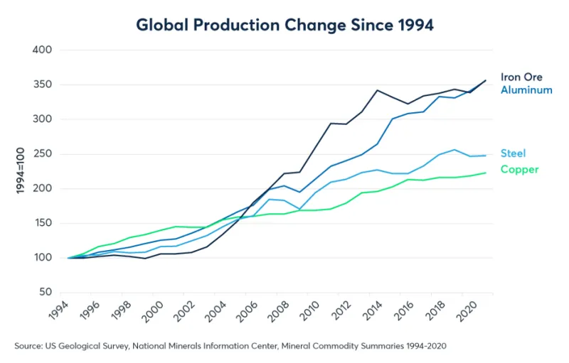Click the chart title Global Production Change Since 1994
point(284,24)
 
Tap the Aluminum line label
point(526,90)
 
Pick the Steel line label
point(514,153)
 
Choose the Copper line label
point(519,169)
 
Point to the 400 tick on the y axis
point(43,50)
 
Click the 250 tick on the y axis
point(43,154)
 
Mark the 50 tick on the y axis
point(46,292)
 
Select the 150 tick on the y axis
point(43,223)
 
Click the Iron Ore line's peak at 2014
point(378,90)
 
